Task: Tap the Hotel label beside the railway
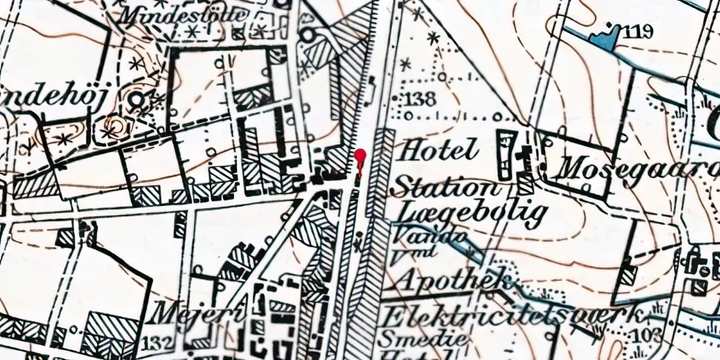click(x=438, y=150)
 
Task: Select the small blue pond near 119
click(x=603, y=40)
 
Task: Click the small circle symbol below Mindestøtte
click(x=308, y=34)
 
